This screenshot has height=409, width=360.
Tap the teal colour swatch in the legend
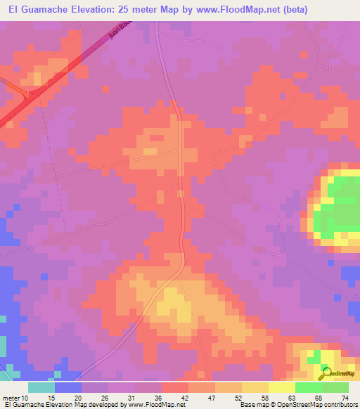tap(41, 387)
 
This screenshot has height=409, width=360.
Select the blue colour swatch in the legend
tap(68, 387)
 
